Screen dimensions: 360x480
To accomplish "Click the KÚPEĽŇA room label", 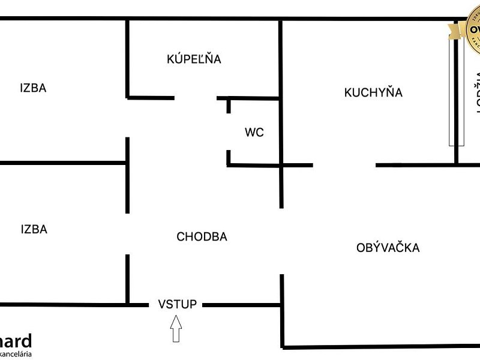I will click(194, 59).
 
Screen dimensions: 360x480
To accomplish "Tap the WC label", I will click(254, 133).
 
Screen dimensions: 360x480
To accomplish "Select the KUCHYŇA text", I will click(373, 92).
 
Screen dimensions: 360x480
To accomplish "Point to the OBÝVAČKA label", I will click(388, 247).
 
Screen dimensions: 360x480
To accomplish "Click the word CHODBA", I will click(202, 237).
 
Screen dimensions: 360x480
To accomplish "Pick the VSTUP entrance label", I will click(177, 304).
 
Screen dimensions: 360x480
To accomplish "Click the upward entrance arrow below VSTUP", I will click(176, 329).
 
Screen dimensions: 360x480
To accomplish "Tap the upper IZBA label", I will click(33, 88).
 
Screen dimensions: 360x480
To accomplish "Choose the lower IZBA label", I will click(34, 229).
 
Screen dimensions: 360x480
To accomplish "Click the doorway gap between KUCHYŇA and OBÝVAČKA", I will click(344, 164).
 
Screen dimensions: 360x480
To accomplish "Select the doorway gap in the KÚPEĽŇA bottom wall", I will click(196, 98).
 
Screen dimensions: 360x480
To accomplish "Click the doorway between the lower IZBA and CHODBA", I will click(127, 234).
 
